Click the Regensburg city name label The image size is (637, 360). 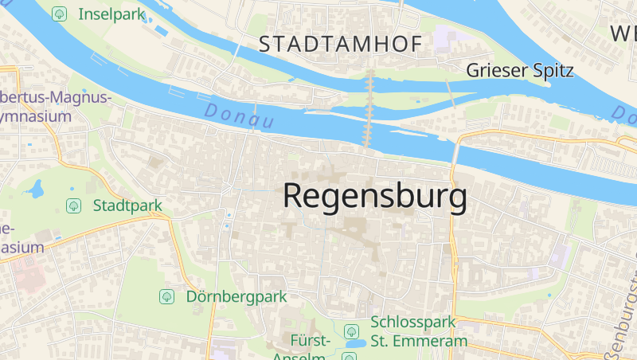(x=374, y=197)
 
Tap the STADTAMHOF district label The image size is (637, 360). (x=340, y=45)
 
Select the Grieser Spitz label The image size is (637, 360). (x=519, y=70)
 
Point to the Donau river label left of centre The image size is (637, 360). (x=238, y=116)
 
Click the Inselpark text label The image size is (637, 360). (x=109, y=14)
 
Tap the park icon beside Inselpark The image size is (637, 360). (x=58, y=14)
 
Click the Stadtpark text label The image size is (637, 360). (x=127, y=205)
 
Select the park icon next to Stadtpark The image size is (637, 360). (x=73, y=205)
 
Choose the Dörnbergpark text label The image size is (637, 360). (x=236, y=296)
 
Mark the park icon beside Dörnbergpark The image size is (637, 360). (x=166, y=296)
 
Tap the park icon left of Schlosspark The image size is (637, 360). (x=350, y=331)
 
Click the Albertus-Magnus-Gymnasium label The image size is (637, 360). (x=48, y=106)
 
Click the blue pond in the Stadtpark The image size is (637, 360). (x=34, y=190)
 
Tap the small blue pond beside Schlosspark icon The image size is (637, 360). (x=355, y=344)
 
